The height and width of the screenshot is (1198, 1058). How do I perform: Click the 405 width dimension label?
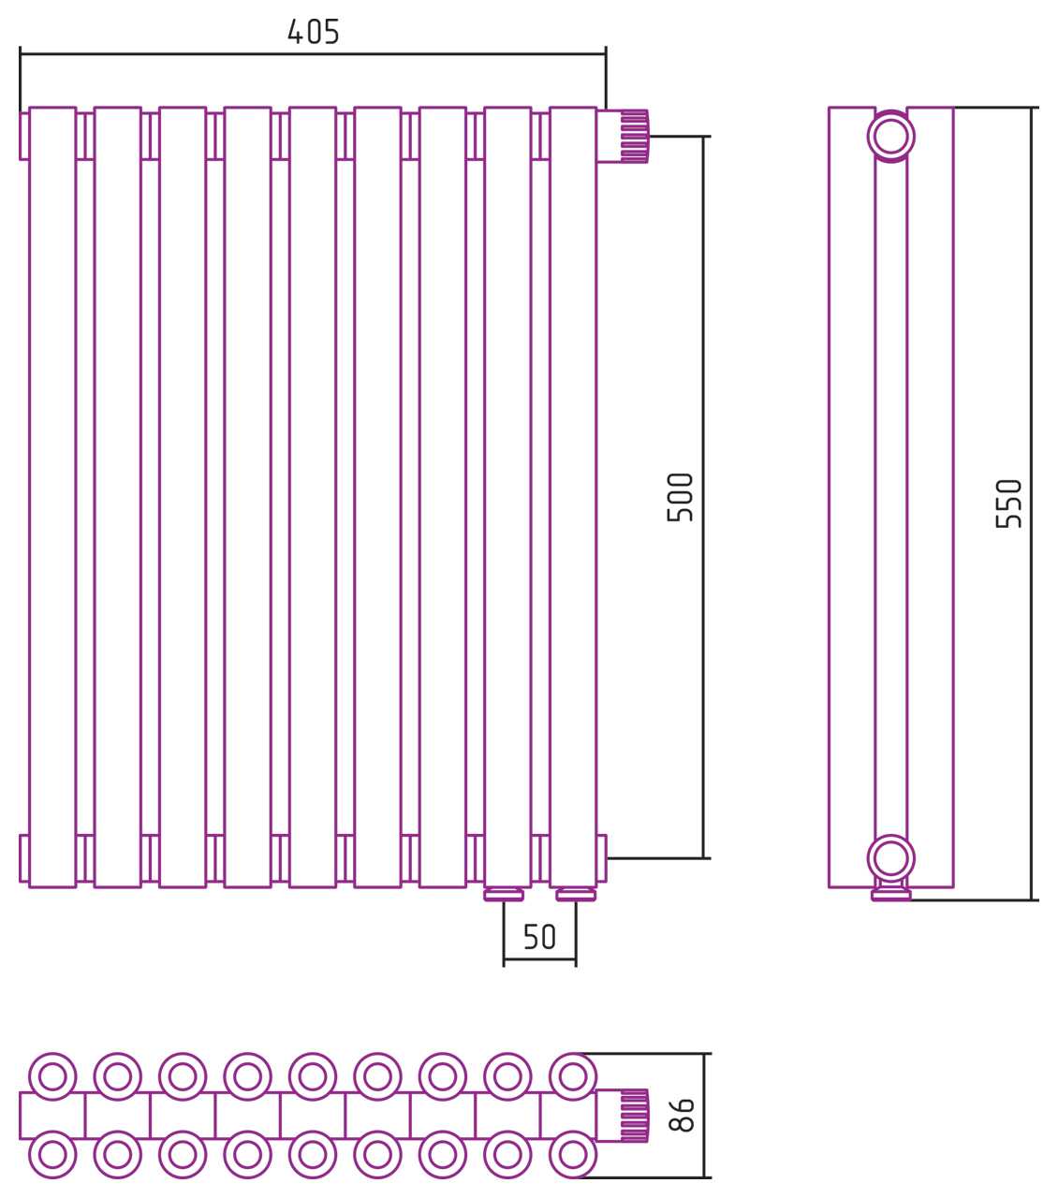pyautogui.click(x=313, y=33)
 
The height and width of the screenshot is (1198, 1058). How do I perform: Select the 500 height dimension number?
pyautogui.click(x=681, y=496)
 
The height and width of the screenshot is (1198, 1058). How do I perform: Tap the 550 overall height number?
pyautogui.click(x=1008, y=504)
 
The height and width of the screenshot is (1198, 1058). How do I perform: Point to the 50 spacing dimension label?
pyautogui.click(x=539, y=937)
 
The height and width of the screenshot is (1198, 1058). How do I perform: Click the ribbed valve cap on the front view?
pyautogui.click(x=634, y=136)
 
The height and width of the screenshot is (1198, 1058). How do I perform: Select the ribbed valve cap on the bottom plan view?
pyautogui.click(x=634, y=1116)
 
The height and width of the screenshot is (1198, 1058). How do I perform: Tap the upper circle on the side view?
pyautogui.click(x=890, y=137)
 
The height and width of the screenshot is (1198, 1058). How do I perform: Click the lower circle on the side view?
pyautogui.click(x=890, y=857)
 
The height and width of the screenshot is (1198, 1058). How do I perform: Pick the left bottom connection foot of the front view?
pyautogui.click(x=504, y=895)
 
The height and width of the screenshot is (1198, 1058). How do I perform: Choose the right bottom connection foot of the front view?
pyautogui.click(x=575, y=895)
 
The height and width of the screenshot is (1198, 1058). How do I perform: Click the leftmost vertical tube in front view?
pyautogui.click(x=52, y=496)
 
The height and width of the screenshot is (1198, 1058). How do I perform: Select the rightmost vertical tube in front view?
pyautogui.click(x=573, y=496)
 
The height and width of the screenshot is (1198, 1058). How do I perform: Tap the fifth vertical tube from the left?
pyautogui.click(x=313, y=496)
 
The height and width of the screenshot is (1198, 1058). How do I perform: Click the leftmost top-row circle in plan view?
pyautogui.click(x=52, y=1075)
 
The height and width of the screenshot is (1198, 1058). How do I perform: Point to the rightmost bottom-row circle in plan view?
pyautogui.click(x=571, y=1156)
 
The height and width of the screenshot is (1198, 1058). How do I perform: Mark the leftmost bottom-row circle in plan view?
pyautogui.click(x=52, y=1156)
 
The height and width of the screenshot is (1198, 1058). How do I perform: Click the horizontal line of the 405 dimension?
pyautogui.click(x=313, y=55)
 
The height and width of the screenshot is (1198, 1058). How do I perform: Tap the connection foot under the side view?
pyautogui.click(x=890, y=895)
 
